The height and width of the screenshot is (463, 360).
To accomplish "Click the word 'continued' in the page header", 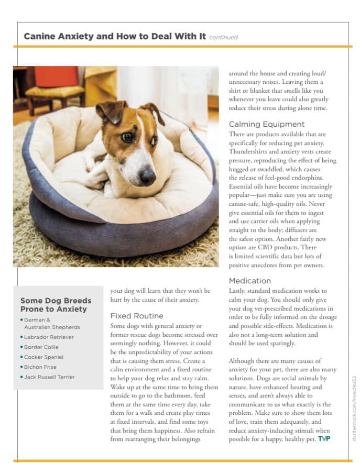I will (x=223, y=37).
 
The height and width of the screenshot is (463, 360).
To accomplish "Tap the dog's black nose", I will (x=147, y=176).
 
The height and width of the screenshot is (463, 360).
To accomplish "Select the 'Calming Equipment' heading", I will (x=266, y=124).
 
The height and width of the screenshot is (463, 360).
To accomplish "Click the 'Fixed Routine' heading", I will (x=136, y=316).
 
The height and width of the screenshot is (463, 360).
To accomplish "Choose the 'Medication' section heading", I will (x=249, y=281).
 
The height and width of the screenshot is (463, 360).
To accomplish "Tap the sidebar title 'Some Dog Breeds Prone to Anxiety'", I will (x=56, y=305).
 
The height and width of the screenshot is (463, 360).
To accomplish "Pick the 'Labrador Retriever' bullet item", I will (x=49, y=337).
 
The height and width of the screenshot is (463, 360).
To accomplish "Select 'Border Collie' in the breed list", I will (x=41, y=347).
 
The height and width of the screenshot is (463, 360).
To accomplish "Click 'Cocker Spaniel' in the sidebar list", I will (x=43, y=357).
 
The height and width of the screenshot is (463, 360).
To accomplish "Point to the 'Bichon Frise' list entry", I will (x=40, y=367).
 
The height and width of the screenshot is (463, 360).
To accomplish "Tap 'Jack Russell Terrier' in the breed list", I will (x=49, y=377).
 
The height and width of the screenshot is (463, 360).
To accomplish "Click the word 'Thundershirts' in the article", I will (x=249, y=152).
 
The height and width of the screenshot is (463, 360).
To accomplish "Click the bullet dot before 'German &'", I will (x=21, y=319).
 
